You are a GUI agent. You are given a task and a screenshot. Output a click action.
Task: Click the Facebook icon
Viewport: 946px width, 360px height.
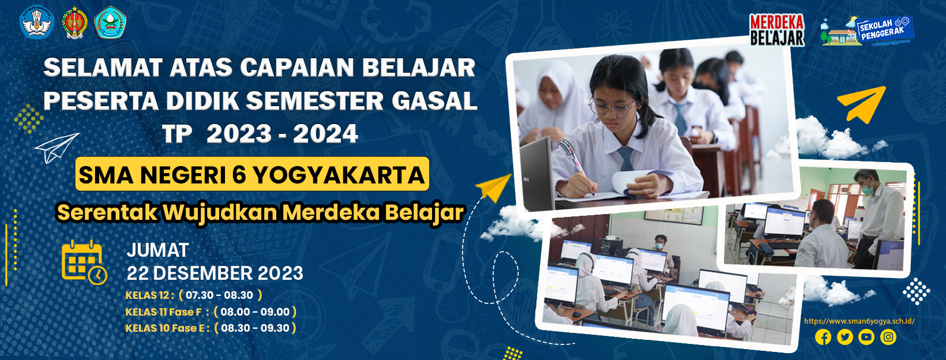click(823, 337)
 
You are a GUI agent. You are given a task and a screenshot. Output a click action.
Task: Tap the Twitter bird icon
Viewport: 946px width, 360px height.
click(844, 337)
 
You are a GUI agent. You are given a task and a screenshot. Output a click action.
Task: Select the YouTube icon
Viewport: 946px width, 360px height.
click(866, 337)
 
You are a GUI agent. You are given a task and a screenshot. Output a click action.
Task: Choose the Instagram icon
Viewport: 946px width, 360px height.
click(888, 337)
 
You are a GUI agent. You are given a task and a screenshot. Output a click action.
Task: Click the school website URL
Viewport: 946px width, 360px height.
click(859, 321)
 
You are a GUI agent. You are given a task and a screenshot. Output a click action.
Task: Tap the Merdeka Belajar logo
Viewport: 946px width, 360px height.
click(777, 29)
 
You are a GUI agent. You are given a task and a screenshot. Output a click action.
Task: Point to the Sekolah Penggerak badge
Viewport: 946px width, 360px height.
click(868, 31)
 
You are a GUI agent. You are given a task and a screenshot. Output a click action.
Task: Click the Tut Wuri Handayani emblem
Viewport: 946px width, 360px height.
click(37, 22)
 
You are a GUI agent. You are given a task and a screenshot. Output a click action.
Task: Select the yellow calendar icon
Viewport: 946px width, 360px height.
click(84, 262)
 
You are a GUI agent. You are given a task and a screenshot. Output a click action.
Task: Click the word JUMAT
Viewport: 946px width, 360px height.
click(157, 250)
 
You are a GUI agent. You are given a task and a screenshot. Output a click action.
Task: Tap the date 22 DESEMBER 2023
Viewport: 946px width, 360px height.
click(215, 273)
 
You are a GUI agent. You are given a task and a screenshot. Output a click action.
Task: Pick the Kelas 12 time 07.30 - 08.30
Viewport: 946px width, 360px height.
click(219, 295)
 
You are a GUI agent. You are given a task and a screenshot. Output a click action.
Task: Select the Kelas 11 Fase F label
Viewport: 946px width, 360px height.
click(163, 312)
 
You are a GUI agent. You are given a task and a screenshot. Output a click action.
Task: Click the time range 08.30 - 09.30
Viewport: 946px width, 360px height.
click(255, 328)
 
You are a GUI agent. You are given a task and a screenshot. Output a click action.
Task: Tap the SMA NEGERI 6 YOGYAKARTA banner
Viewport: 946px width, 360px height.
click(252, 174)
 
